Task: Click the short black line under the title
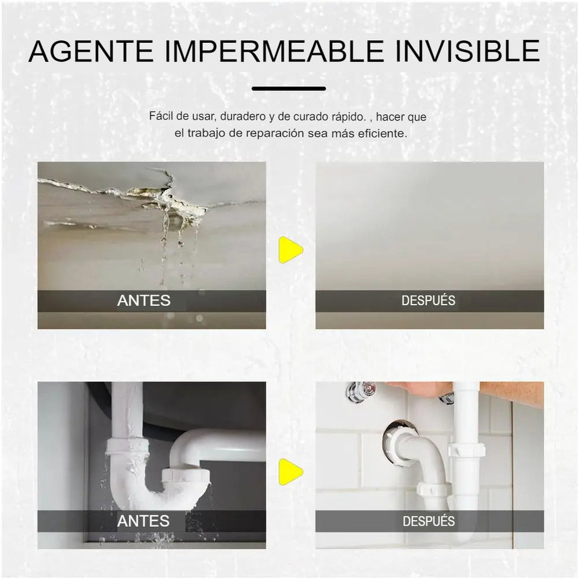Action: tap(288, 89)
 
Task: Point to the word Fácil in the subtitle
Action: tap(161, 117)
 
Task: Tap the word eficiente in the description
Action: tap(383, 133)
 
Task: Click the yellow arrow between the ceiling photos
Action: tap(290, 249)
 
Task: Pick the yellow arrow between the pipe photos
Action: tap(290, 471)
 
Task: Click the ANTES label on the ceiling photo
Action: tap(143, 300)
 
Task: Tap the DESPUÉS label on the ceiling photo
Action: tap(428, 300)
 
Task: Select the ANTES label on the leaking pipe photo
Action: tap(143, 521)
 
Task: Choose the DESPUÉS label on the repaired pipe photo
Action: tap(428, 521)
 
